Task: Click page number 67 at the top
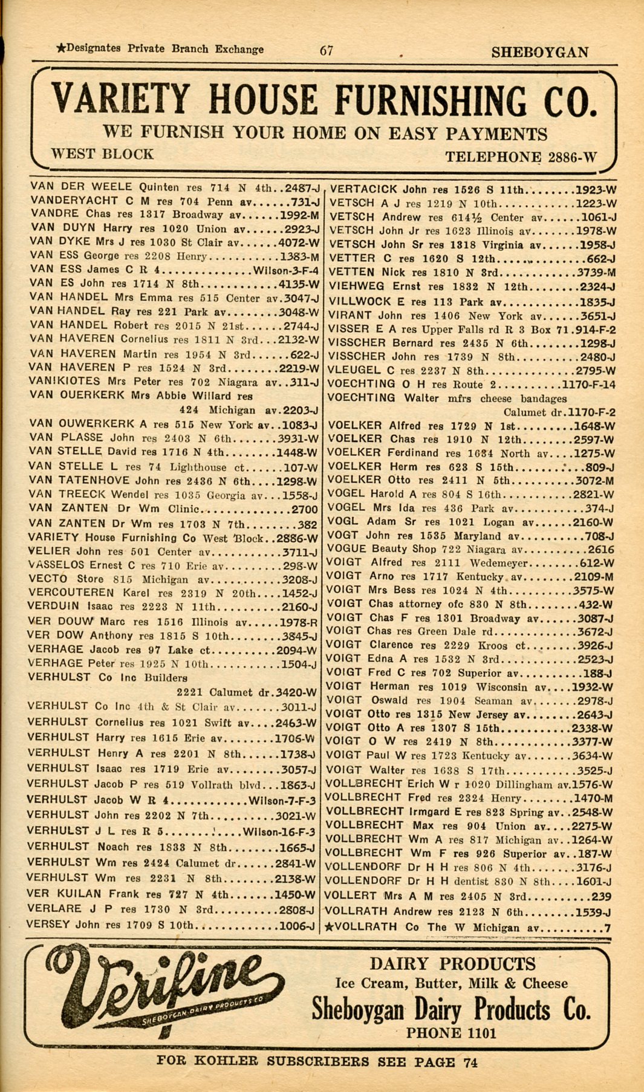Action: coord(327,51)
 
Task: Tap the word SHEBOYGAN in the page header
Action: coord(539,53)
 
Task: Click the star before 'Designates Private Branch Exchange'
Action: coord(60,48)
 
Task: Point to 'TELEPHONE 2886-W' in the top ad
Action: coord(521,158)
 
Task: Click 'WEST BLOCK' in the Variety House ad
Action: coord(102,154)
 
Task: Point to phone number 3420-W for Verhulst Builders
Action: coord(296,692)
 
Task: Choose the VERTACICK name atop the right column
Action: coord(363,189)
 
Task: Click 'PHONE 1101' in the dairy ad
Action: coord(450,1033)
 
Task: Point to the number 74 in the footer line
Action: coord(470,1062)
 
